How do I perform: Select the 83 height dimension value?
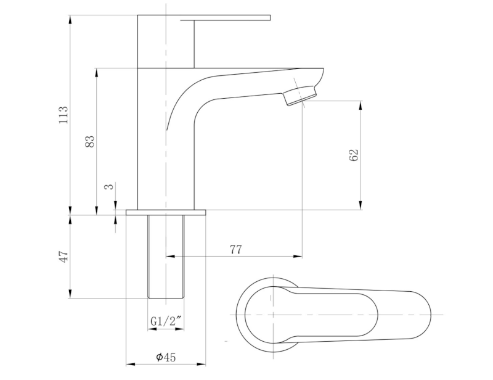coord(90,141)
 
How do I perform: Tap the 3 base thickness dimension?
coord(108,186)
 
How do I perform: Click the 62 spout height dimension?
coord(353,155)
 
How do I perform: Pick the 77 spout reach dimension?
coord(235,249)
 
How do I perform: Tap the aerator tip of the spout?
coord(301,96)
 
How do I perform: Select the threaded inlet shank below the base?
coord(166,256)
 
